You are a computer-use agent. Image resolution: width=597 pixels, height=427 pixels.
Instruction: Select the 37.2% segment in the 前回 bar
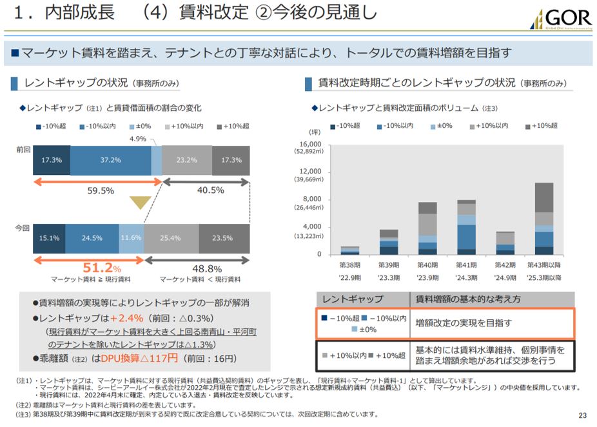coord(110,160)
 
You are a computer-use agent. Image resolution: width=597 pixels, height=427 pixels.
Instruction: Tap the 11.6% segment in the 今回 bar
coord(131,238)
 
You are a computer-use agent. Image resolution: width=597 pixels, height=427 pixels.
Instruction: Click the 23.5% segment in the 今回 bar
coord(223,238)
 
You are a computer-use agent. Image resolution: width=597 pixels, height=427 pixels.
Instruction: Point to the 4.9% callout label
coord(138,139)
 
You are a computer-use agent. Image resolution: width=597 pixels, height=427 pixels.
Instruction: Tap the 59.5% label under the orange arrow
coord(101,190)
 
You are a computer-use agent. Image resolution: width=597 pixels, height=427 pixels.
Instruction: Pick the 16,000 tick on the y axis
coord(311,144)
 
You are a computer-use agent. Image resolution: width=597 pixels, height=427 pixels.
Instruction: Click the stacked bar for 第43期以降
coord(543,218)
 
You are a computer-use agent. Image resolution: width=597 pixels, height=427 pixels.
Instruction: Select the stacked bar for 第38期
coord(350,250)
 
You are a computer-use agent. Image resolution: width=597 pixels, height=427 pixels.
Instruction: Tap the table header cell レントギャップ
coord(353,299)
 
